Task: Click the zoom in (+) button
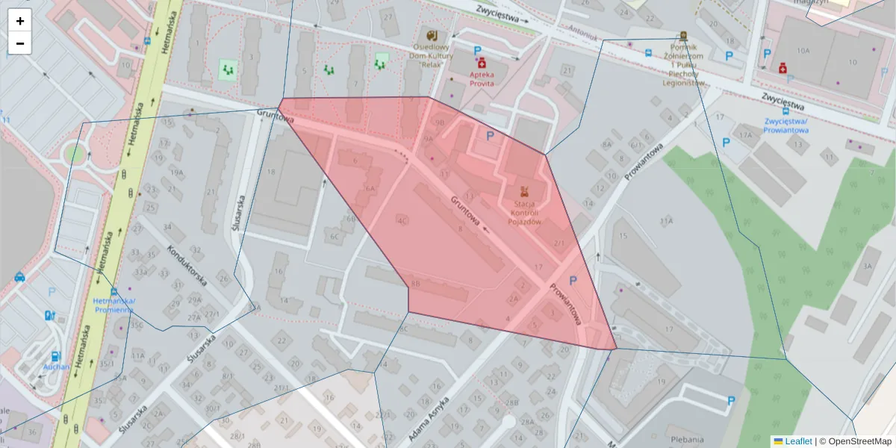click(x=20, y=21)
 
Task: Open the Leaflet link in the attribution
click(x=798, y=441)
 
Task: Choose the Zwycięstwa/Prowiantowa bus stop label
click(x=787, y=125)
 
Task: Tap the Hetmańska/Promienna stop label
click(x=114, y=305)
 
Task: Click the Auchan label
click(x=56, y=367)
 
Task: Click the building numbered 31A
click(x=666, y=221)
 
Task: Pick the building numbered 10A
click(x=803, y=51)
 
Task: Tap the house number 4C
click(x=402, y=220)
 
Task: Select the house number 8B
click(x=416, y=284)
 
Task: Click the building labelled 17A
click(x=744, y=134)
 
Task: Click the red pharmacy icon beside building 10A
click(x=783, y=68)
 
